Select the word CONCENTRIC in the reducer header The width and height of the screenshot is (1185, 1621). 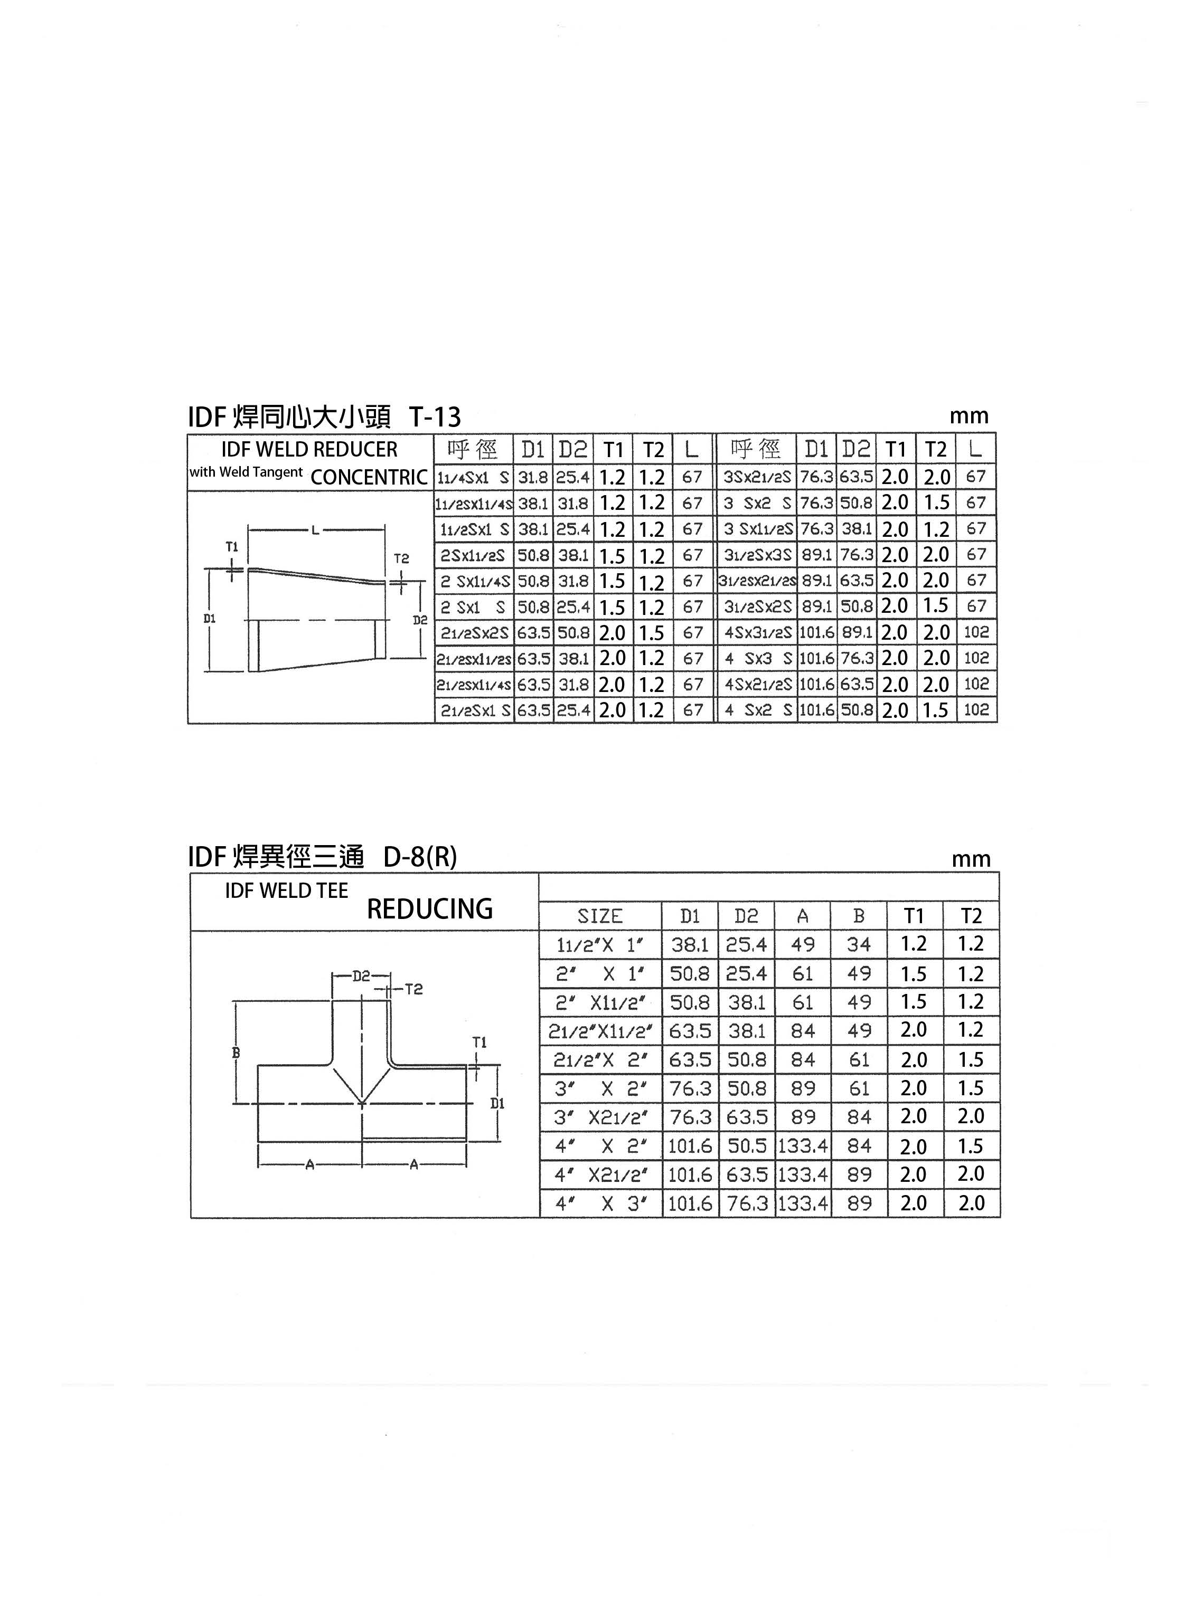(x=370, y=478)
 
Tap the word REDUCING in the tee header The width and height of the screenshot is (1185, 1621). (x=430, y=908)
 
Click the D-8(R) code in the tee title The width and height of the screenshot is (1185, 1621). (x=420, y=857)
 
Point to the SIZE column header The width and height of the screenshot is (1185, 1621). (x=600, y=916)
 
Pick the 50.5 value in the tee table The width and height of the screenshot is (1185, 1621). (x=747, y=1145)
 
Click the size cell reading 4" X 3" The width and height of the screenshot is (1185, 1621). (x=600, y=1203)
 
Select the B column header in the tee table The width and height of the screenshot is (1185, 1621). (x=859, y=916)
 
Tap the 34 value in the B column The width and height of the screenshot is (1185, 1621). (x=859, y=944)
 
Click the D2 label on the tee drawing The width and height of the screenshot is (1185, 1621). (x=361, y=976)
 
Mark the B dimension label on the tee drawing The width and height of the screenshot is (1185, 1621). (x=236, y=1053)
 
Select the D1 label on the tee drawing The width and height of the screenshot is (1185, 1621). (x=497, y=1103)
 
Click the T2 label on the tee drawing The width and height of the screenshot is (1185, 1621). (x=414, y=989)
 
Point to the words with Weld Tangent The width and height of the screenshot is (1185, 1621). (x=246, y=472)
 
